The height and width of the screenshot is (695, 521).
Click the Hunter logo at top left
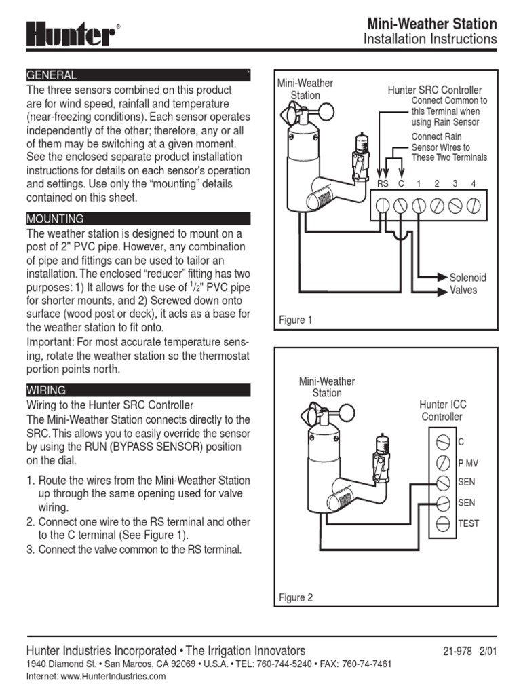(71, 33)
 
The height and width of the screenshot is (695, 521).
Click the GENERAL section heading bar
(138, 75)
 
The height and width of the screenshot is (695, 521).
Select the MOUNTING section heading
(138, 219)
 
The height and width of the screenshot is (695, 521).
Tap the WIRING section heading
(138, 390)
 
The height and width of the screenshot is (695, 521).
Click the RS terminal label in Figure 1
(383, 183)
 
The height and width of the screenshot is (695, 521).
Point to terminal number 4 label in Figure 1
(474, 183)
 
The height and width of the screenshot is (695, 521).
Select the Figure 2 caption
(296, 598)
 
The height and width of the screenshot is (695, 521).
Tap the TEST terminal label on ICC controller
(469, 524)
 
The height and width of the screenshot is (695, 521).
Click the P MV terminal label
(468, 463)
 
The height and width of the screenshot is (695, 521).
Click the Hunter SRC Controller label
(434, 90)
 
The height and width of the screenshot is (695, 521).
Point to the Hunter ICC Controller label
(442, 411)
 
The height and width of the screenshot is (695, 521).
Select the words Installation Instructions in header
(430, 39)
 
